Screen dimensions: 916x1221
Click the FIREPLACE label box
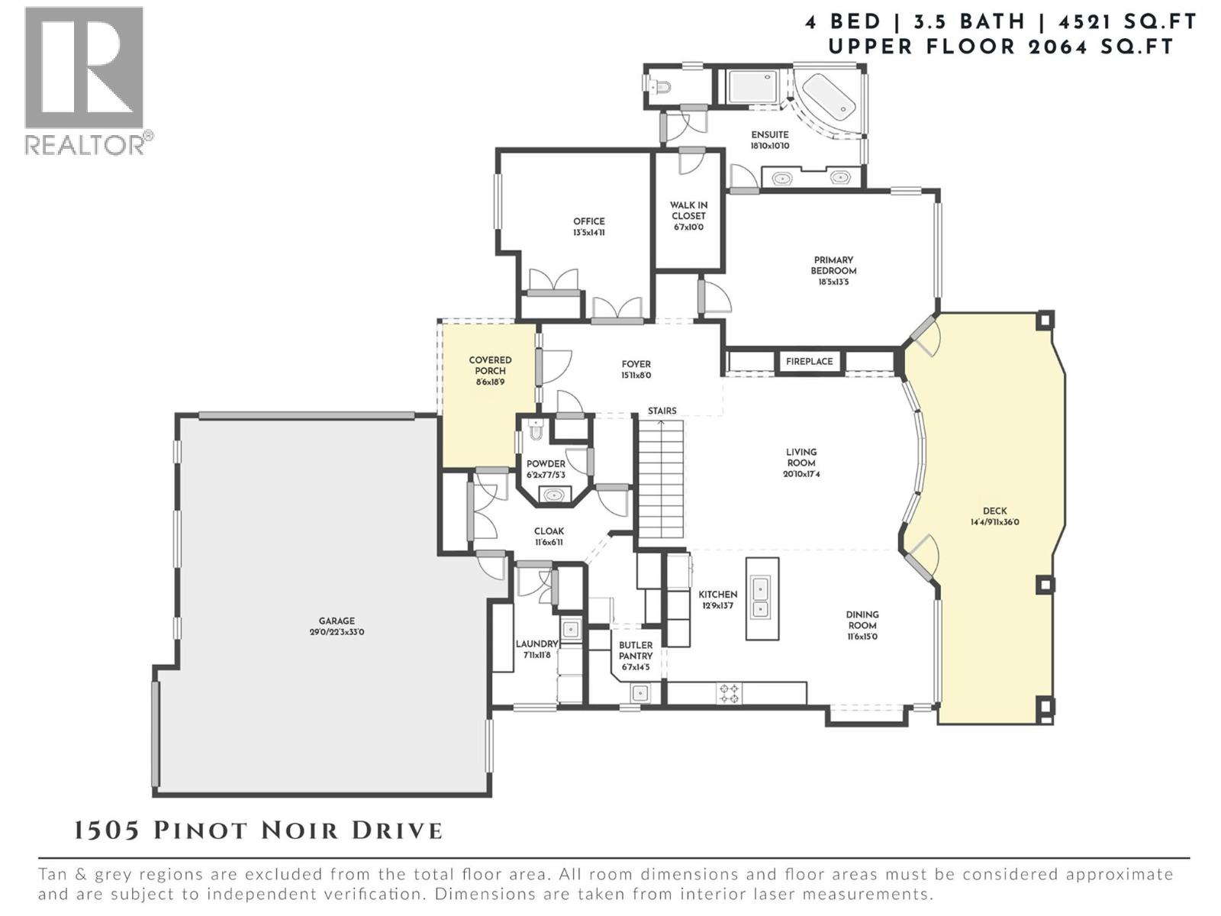pyautogui.click(x=809, y=361)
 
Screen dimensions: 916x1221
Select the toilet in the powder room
pyautogui.click(x=534, y=432)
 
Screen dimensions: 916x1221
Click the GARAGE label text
pyautogui.click(x=337, y=621)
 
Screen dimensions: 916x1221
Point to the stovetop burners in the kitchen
pyautogui.click(x=730, y=693)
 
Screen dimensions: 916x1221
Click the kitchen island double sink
pyautogui.click(x=761, y=598)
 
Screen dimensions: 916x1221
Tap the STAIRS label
pyautogui.click(x=662, y=411)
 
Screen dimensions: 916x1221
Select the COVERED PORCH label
pyautogui.click(x=490, y=365)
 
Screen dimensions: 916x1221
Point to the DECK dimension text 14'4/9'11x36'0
pyautogui.click(x=994, y=523)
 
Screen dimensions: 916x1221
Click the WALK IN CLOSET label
pyautogui.click(x=688, y=210)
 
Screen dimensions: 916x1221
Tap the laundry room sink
pyautogui.click(x=570, y=630)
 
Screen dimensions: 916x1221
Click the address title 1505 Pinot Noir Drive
pyautogui.click(x=258, y=831)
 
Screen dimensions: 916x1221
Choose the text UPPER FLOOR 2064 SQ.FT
pyautogui.click(x=1000, y=47)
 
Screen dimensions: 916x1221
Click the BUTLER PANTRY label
pyautogui.click(x=636, y=650)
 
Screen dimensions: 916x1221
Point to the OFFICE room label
pyautogui.click(x=588, y=221)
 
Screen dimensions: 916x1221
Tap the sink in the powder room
pyautogui.click(x=554, y=495)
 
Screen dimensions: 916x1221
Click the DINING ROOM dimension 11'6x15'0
pyautogui.click(x=862, y=636)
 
